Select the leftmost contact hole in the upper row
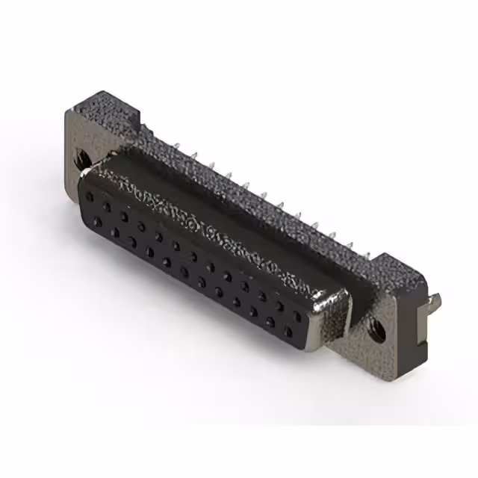pyautogui.click(x=90, y=196)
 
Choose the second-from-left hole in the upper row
pyautogui.click(x=107, y=205)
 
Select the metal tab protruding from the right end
pyautogui.click(x=435, y=302)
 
